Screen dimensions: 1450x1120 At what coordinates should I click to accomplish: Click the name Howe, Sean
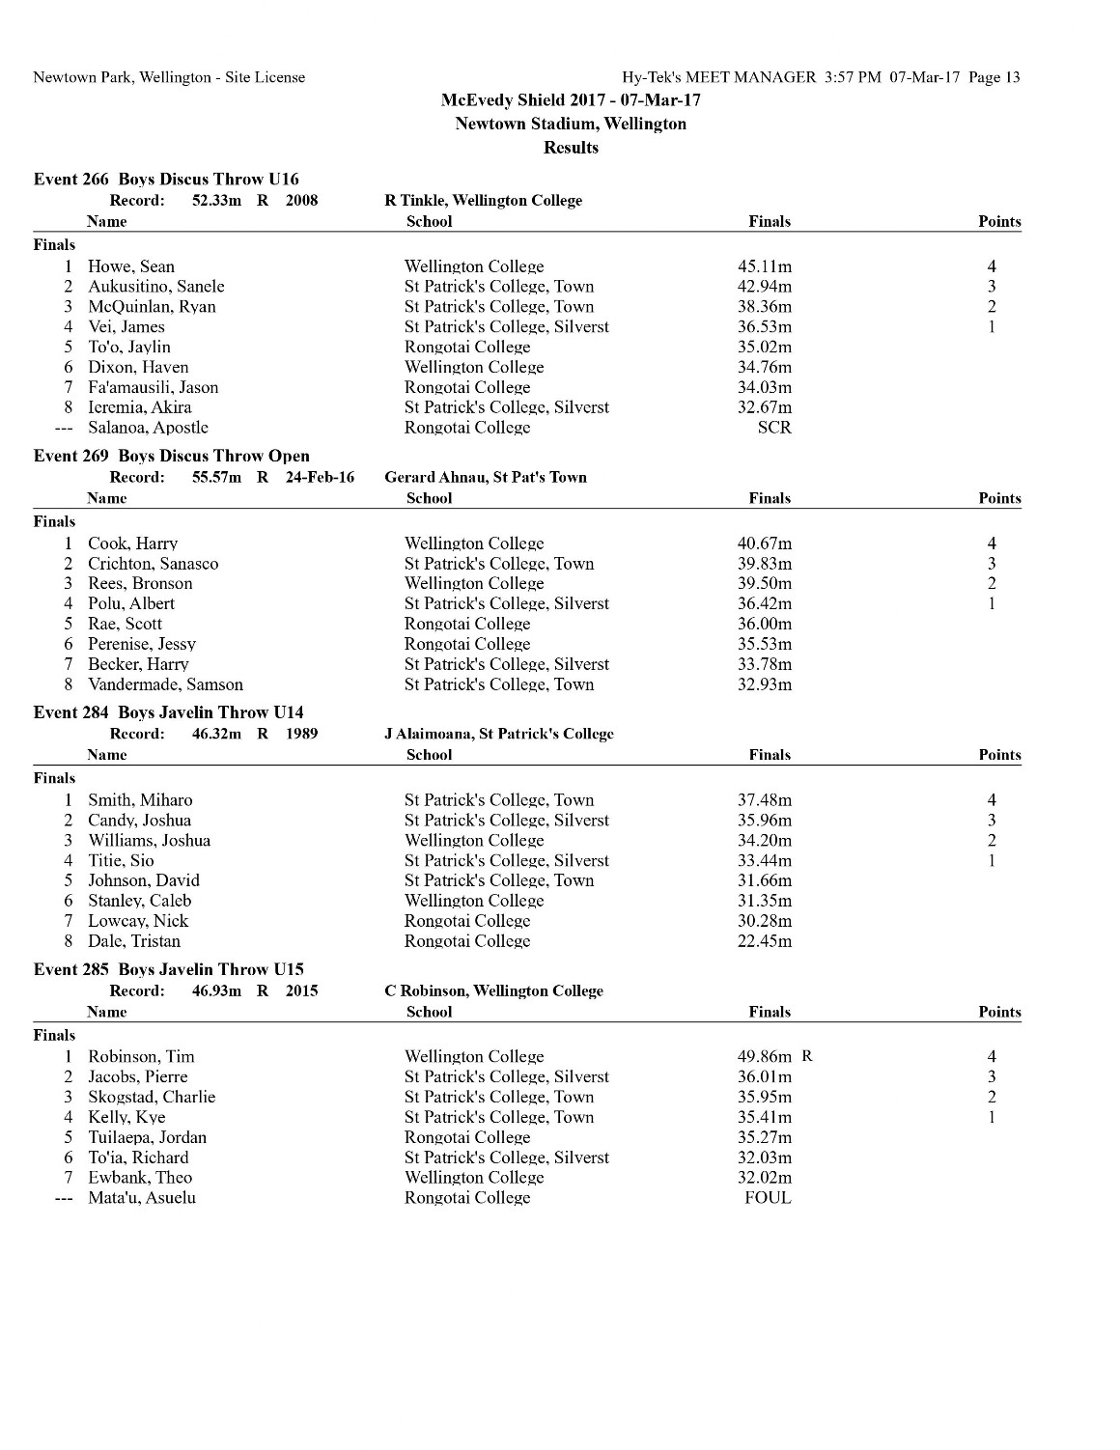131,266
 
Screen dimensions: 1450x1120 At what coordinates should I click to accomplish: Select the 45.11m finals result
764,266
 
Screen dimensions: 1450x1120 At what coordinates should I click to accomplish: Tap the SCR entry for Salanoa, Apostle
773,428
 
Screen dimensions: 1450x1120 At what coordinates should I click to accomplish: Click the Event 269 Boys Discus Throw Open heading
172,456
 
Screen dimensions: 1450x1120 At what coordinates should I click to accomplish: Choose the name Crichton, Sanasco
153,564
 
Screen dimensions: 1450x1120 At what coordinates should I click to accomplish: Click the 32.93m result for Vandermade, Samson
764,684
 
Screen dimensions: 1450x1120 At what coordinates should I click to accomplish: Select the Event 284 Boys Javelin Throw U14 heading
168,712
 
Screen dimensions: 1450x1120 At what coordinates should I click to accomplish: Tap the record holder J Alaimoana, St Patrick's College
499,734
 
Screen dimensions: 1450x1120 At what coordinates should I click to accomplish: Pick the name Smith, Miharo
140,800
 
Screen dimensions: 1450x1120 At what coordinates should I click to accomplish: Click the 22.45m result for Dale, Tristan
764,941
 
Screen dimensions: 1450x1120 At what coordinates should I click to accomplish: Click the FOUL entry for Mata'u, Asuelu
768,1198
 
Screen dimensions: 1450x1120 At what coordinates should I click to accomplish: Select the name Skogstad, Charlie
152,1097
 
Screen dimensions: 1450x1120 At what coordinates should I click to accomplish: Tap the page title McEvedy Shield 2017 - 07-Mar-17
571,99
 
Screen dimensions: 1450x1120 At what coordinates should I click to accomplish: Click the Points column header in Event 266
998,221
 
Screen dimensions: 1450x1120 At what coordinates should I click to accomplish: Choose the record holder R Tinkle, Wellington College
483,201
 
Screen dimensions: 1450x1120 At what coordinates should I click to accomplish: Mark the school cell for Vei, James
506,327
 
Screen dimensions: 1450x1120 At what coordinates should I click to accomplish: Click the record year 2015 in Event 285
301,990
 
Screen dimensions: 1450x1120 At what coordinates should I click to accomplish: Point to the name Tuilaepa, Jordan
147,1137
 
